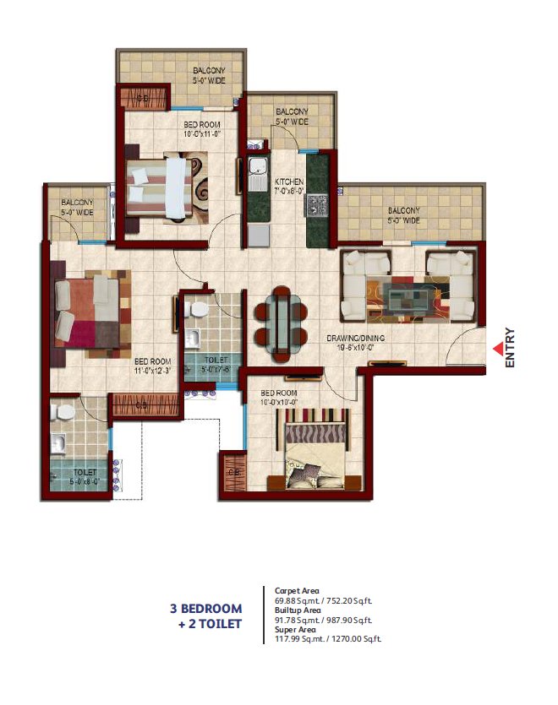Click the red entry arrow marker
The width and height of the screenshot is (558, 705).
coord(496,347)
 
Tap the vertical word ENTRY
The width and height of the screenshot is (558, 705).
coord(510,347)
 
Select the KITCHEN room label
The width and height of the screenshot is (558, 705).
coord(289,182)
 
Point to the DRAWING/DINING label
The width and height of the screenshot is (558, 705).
coord(356,338)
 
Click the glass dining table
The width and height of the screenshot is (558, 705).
coord(281,317)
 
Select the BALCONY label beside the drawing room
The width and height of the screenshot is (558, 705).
coord(404,211)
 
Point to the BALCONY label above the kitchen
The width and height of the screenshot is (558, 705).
coord(291,111)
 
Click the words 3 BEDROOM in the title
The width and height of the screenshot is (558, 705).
coord(205,609)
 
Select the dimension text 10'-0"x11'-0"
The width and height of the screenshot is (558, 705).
coord(202,133)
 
